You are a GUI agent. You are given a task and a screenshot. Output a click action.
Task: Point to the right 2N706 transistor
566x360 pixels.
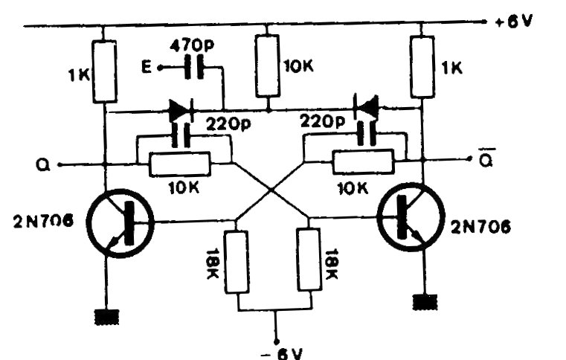pos(409,222)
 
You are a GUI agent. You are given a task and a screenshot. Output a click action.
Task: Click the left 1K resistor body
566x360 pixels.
pos(105,71)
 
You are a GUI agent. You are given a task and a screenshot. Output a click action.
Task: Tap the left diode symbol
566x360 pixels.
pos(181,112)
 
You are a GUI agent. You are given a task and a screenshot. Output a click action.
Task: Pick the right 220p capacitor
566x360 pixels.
pos(364,135)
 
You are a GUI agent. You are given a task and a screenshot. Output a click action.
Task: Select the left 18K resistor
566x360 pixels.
pos(237,262)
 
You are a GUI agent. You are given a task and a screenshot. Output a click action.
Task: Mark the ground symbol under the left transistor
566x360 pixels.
pos(106,317)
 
